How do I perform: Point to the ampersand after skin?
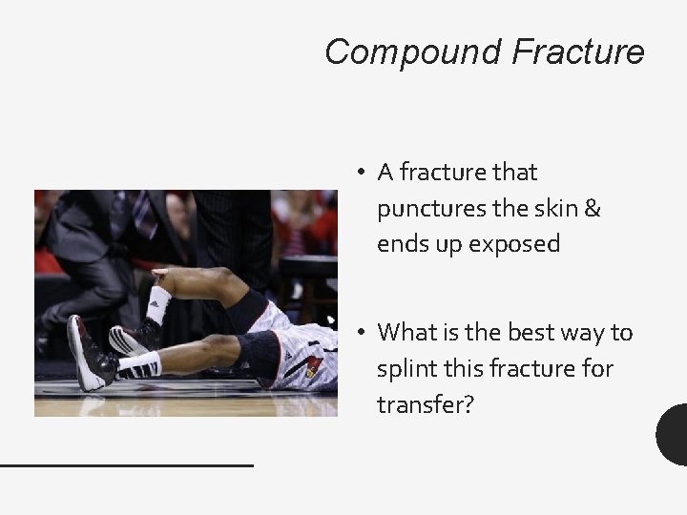[592, 208]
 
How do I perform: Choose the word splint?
[406, 368]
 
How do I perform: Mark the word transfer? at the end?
[425, 403]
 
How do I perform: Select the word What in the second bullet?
[406, 332]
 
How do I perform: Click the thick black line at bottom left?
[126, 464]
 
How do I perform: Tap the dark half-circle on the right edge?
[673, 435]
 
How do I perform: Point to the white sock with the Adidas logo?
[157, 303]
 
